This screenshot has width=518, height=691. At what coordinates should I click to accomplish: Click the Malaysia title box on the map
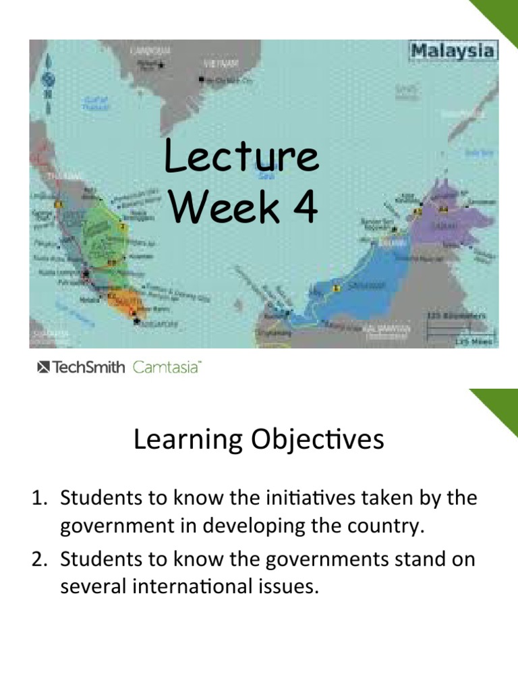(x=453, y=51)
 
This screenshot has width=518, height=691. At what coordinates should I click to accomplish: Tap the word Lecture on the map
(x=241, y=157)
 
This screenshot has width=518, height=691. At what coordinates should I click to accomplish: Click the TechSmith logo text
(x=81, y=368)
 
